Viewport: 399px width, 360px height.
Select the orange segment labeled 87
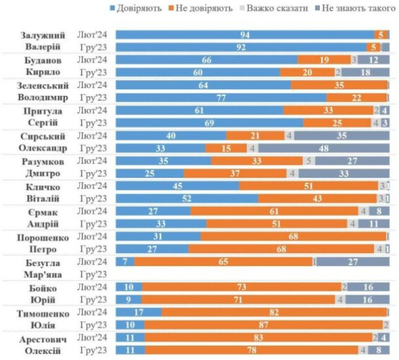(264, 325)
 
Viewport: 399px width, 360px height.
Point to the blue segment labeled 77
(221, 97)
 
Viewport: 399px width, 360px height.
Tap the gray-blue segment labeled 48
(324, 148)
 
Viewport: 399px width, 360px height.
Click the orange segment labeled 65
(223, 262)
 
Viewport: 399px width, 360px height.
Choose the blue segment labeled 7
(125, 262)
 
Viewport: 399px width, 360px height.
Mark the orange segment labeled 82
(275, 312)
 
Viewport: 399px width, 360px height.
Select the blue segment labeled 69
(209, 123)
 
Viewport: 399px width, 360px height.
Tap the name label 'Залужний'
(42, 34)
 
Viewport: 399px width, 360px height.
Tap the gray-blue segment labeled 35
(342, 135)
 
